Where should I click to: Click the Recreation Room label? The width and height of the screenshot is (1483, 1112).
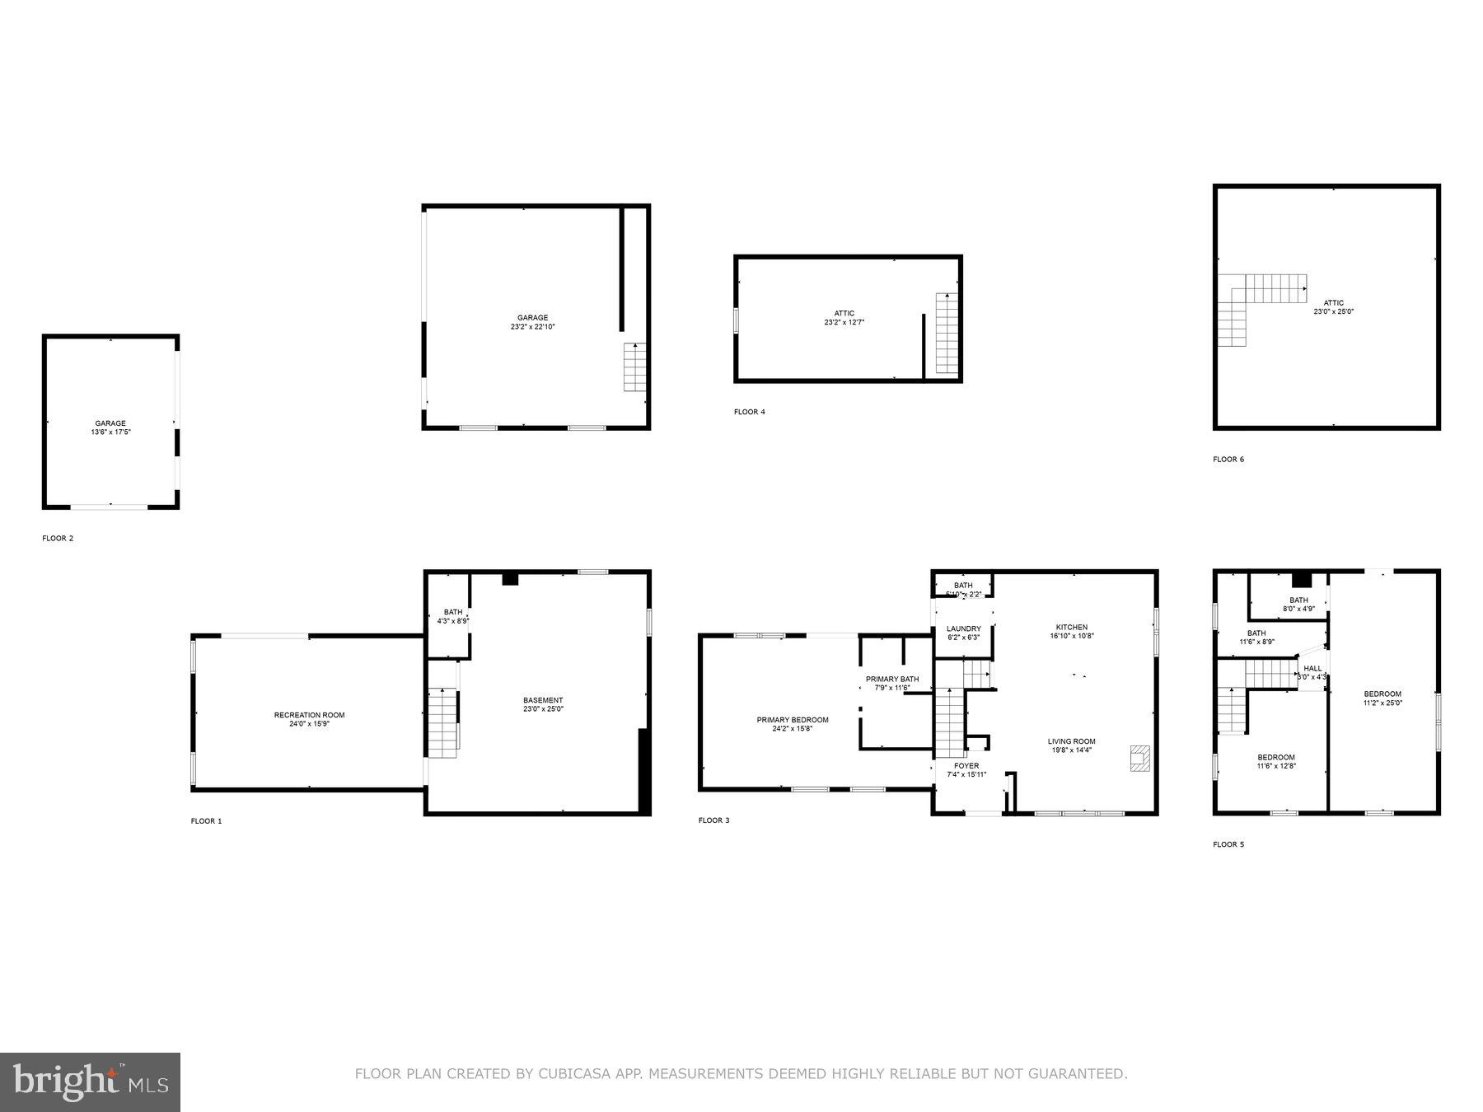click(x=309, y=715)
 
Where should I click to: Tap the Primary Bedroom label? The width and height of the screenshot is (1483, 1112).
click(x=793, y=720)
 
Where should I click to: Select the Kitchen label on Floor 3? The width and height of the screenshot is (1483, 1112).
click(x=1071, y=627)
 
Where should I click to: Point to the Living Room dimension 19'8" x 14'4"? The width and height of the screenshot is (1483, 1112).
click(x=1071, y=750)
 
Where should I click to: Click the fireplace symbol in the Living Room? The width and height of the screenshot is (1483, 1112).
click(x=1139, y=758)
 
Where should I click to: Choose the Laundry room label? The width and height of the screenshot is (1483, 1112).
click(x=963, y=628)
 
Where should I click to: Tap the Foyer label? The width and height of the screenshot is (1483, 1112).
click(x=966, y=766)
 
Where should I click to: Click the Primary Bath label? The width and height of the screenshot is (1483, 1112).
click(x=892, y=680)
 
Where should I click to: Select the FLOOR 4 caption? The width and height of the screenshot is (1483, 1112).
click(x=749, y=412)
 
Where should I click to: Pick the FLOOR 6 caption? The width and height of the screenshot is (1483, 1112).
click(x=1228, y=459)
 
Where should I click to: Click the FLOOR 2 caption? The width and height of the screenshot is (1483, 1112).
click(x=58, y=539)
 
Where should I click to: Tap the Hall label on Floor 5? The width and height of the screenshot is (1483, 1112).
click(x=1312, y=669)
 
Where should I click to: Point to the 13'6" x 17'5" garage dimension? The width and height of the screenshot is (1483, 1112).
click(x=110, y=432)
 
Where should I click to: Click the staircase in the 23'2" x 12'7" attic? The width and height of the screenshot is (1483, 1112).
click(x=947, y=334)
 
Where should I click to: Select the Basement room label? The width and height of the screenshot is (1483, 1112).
click(x=543, y=700)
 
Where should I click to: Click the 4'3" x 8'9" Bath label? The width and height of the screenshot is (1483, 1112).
click(x=453, y=612)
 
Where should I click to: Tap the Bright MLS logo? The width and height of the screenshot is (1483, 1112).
click(x=90, y=1082)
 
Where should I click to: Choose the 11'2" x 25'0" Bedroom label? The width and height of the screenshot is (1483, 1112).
click(x=1382, y=694)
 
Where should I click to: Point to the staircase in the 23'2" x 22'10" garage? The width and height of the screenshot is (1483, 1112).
click(x=634, y=367)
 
